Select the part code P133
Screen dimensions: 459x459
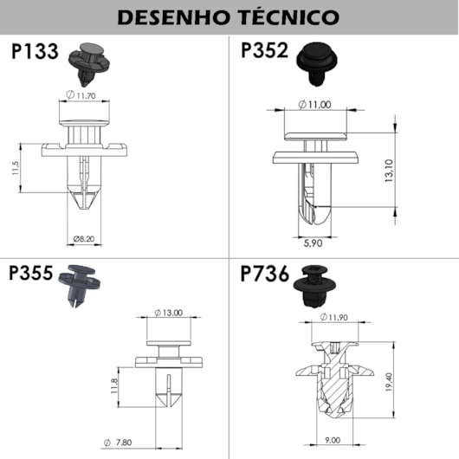tap(35, 51)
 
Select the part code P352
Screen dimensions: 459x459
tap(265, 51)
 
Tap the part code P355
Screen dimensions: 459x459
tap(29, 276)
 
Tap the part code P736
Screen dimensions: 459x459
tap(265, 276)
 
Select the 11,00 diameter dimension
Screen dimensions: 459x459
tap(318, 105)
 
